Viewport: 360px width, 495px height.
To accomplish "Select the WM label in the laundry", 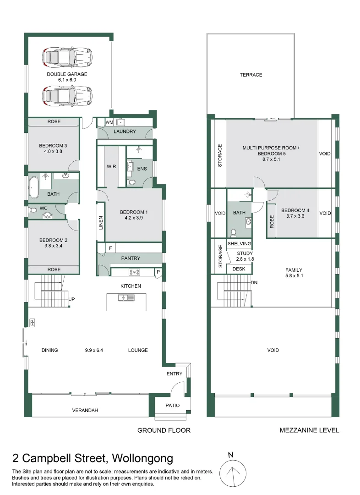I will click(x=109, y=122).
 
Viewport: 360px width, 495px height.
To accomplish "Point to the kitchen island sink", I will click(x=126, y=298).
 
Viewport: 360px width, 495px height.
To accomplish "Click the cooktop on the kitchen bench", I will click(x=135, y=272).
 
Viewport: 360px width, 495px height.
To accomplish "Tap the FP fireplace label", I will click(x=32, y=322).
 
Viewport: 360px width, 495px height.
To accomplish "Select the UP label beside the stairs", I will click(x=71, y=299).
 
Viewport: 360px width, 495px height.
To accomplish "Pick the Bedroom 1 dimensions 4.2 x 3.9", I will click(x=134, y=219).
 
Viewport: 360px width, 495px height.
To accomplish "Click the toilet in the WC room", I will click(x=33, y=211).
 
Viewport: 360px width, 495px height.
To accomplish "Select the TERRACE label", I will click(x=251, y=75).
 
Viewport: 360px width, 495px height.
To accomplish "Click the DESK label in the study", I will click(x=239, y=269).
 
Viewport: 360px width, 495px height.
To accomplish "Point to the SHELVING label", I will click(x=239, y=244).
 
